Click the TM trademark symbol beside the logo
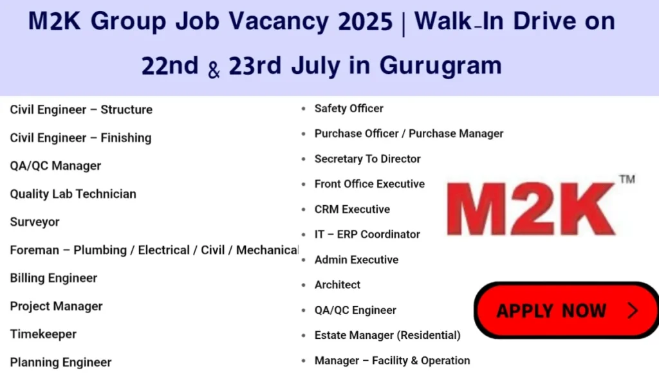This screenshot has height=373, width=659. click(627, 179)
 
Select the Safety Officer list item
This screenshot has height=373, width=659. click(348, 109)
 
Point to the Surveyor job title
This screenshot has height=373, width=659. click(35, 222)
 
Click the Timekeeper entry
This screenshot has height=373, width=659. click(43, 334)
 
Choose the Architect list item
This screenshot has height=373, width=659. click(337, 285)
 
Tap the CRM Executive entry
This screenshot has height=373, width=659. click(352, 210)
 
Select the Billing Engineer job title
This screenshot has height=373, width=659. click(53, 278)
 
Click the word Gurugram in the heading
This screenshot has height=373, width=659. click(441, 65)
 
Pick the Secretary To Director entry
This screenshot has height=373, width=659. click(367, 159)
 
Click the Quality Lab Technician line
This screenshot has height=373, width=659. click(73, 194)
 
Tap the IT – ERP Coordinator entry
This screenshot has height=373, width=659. click(367, 235)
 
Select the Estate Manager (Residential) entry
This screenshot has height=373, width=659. click(387, 335)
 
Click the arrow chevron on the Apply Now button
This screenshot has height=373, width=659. click(633, 311)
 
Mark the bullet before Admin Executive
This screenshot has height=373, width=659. click(304, 260)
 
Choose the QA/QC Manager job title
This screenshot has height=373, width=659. click(55, 166)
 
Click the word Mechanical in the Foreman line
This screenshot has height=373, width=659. click(267, 250)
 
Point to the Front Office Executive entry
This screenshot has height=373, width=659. click(369, 184)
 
